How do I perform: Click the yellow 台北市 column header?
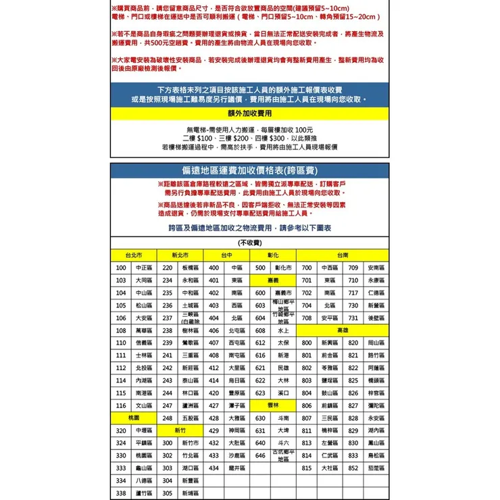[x=133, y=255]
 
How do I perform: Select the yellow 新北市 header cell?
[x=180, y=255]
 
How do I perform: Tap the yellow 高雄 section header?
[x=342, y=330]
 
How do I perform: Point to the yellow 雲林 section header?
[x=273, y=405]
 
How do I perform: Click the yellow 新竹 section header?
[x=180, y=430]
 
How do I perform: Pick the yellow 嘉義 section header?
[x=273, y=280]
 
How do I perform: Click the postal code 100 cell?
[x=121, y=268]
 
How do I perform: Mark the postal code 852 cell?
[x=353, y=468]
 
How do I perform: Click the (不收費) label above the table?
[x=250, y=243]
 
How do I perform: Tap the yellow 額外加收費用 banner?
[x=249, y=114]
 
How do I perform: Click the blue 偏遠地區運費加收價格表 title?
[x=250, y=170]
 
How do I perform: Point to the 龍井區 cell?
[x=237, y=468]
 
